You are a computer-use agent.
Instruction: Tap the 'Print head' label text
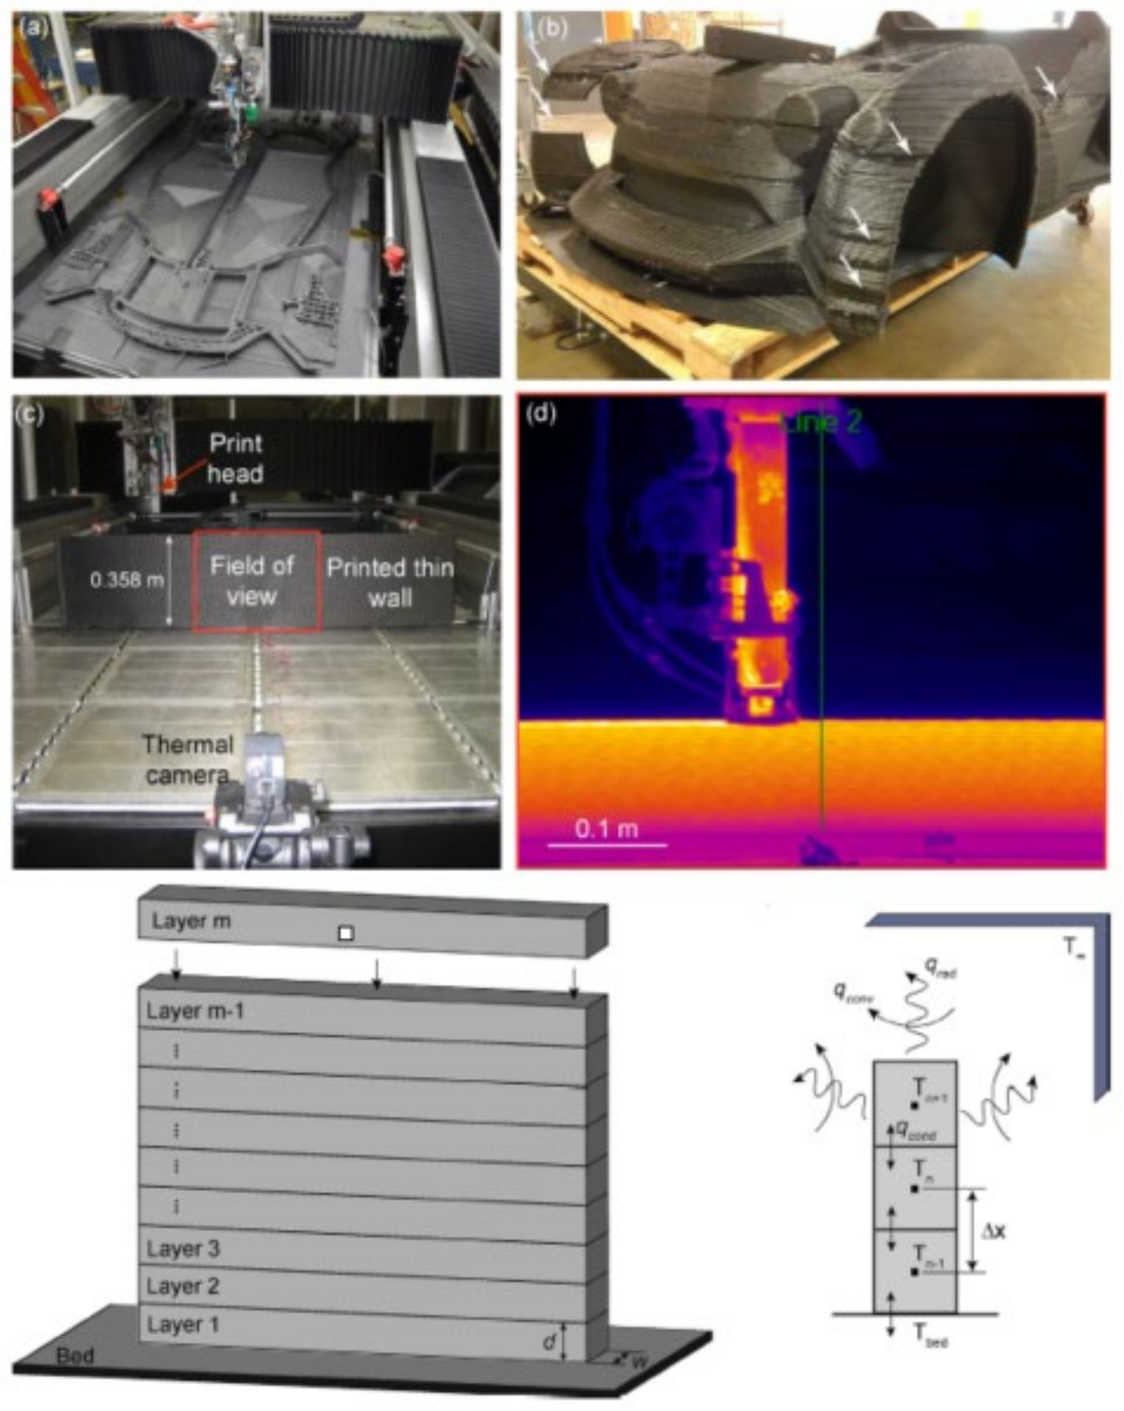pos(235,458)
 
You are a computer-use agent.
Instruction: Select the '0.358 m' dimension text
pos(126,580)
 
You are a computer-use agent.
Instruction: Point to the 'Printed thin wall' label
pos(390,582)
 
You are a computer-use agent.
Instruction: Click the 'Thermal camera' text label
pos(187,760)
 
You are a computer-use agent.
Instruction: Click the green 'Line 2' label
pos(822,423)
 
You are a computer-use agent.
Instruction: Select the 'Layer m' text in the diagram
pos(191,921)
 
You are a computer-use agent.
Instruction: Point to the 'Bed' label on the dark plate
pos(74,1356)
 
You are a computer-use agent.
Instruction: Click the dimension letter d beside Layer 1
pos(549,1343)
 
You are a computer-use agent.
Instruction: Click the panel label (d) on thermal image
pos(541,414)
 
